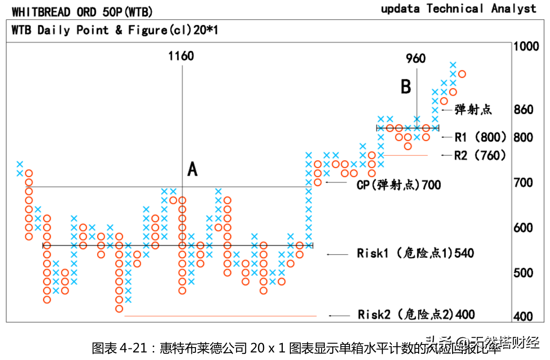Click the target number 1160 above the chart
pyautogui.click(x=181, y=56)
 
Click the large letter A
pyautogui.click(x=192, y=169)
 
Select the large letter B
pyautogui.click(x=406, y=86)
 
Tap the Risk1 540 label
pyautogui.click(x=415, y=254)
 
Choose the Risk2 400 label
pyautogui.click(x=416, y=315)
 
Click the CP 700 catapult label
pyautogui.click(x=399, y=184)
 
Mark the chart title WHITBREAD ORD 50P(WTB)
pyautogui.click(x=82, y=11)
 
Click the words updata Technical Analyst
pyautogui.click(x=458, y=8)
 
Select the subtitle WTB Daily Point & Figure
pyautogui.click(x=114, y=30)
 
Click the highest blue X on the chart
pyautogui.click(x=453, y=65)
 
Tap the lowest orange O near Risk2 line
pyautogui.click(x=119, y=308)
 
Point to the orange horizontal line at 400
pyautogui.click(x=220, y=316)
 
